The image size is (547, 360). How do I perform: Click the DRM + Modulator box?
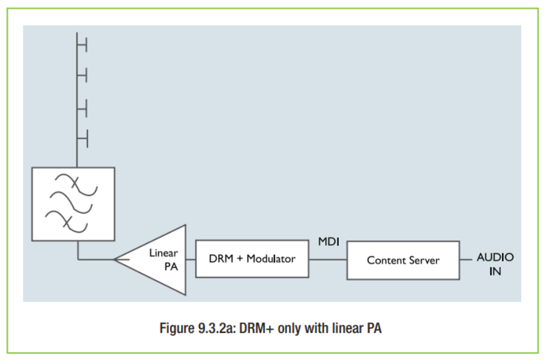click(252, 259)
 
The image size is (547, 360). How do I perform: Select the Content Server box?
click(403, 260)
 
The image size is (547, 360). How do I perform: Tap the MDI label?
click(328, 242)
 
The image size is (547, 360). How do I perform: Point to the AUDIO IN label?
click(495, 264)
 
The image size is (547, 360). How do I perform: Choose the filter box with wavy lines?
click(73, 204)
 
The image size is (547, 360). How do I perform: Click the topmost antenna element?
click(83, 46)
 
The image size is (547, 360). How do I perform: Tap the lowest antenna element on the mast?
click(83, 139)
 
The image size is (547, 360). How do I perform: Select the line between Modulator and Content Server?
click(328, 260)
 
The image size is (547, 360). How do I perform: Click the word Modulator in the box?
click(270, 259)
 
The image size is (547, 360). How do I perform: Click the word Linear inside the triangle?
click(163, 253)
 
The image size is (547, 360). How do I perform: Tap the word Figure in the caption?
click(177, 329)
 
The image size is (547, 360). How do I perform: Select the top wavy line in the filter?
click(76, 184)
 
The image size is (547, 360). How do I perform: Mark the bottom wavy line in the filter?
click(67, 221)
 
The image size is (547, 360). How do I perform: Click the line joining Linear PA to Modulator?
click(191, 260)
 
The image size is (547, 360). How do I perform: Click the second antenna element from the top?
click(83, 75)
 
